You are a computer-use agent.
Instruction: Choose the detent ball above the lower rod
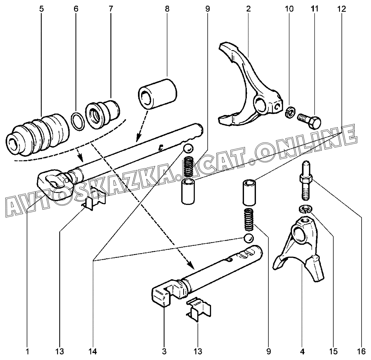248,238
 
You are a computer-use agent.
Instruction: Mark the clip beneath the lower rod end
199,309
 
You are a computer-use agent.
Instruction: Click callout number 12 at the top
342,9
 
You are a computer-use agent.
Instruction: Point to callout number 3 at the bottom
164,352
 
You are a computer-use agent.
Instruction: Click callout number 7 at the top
111,9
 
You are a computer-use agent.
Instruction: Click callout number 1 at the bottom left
28,352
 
